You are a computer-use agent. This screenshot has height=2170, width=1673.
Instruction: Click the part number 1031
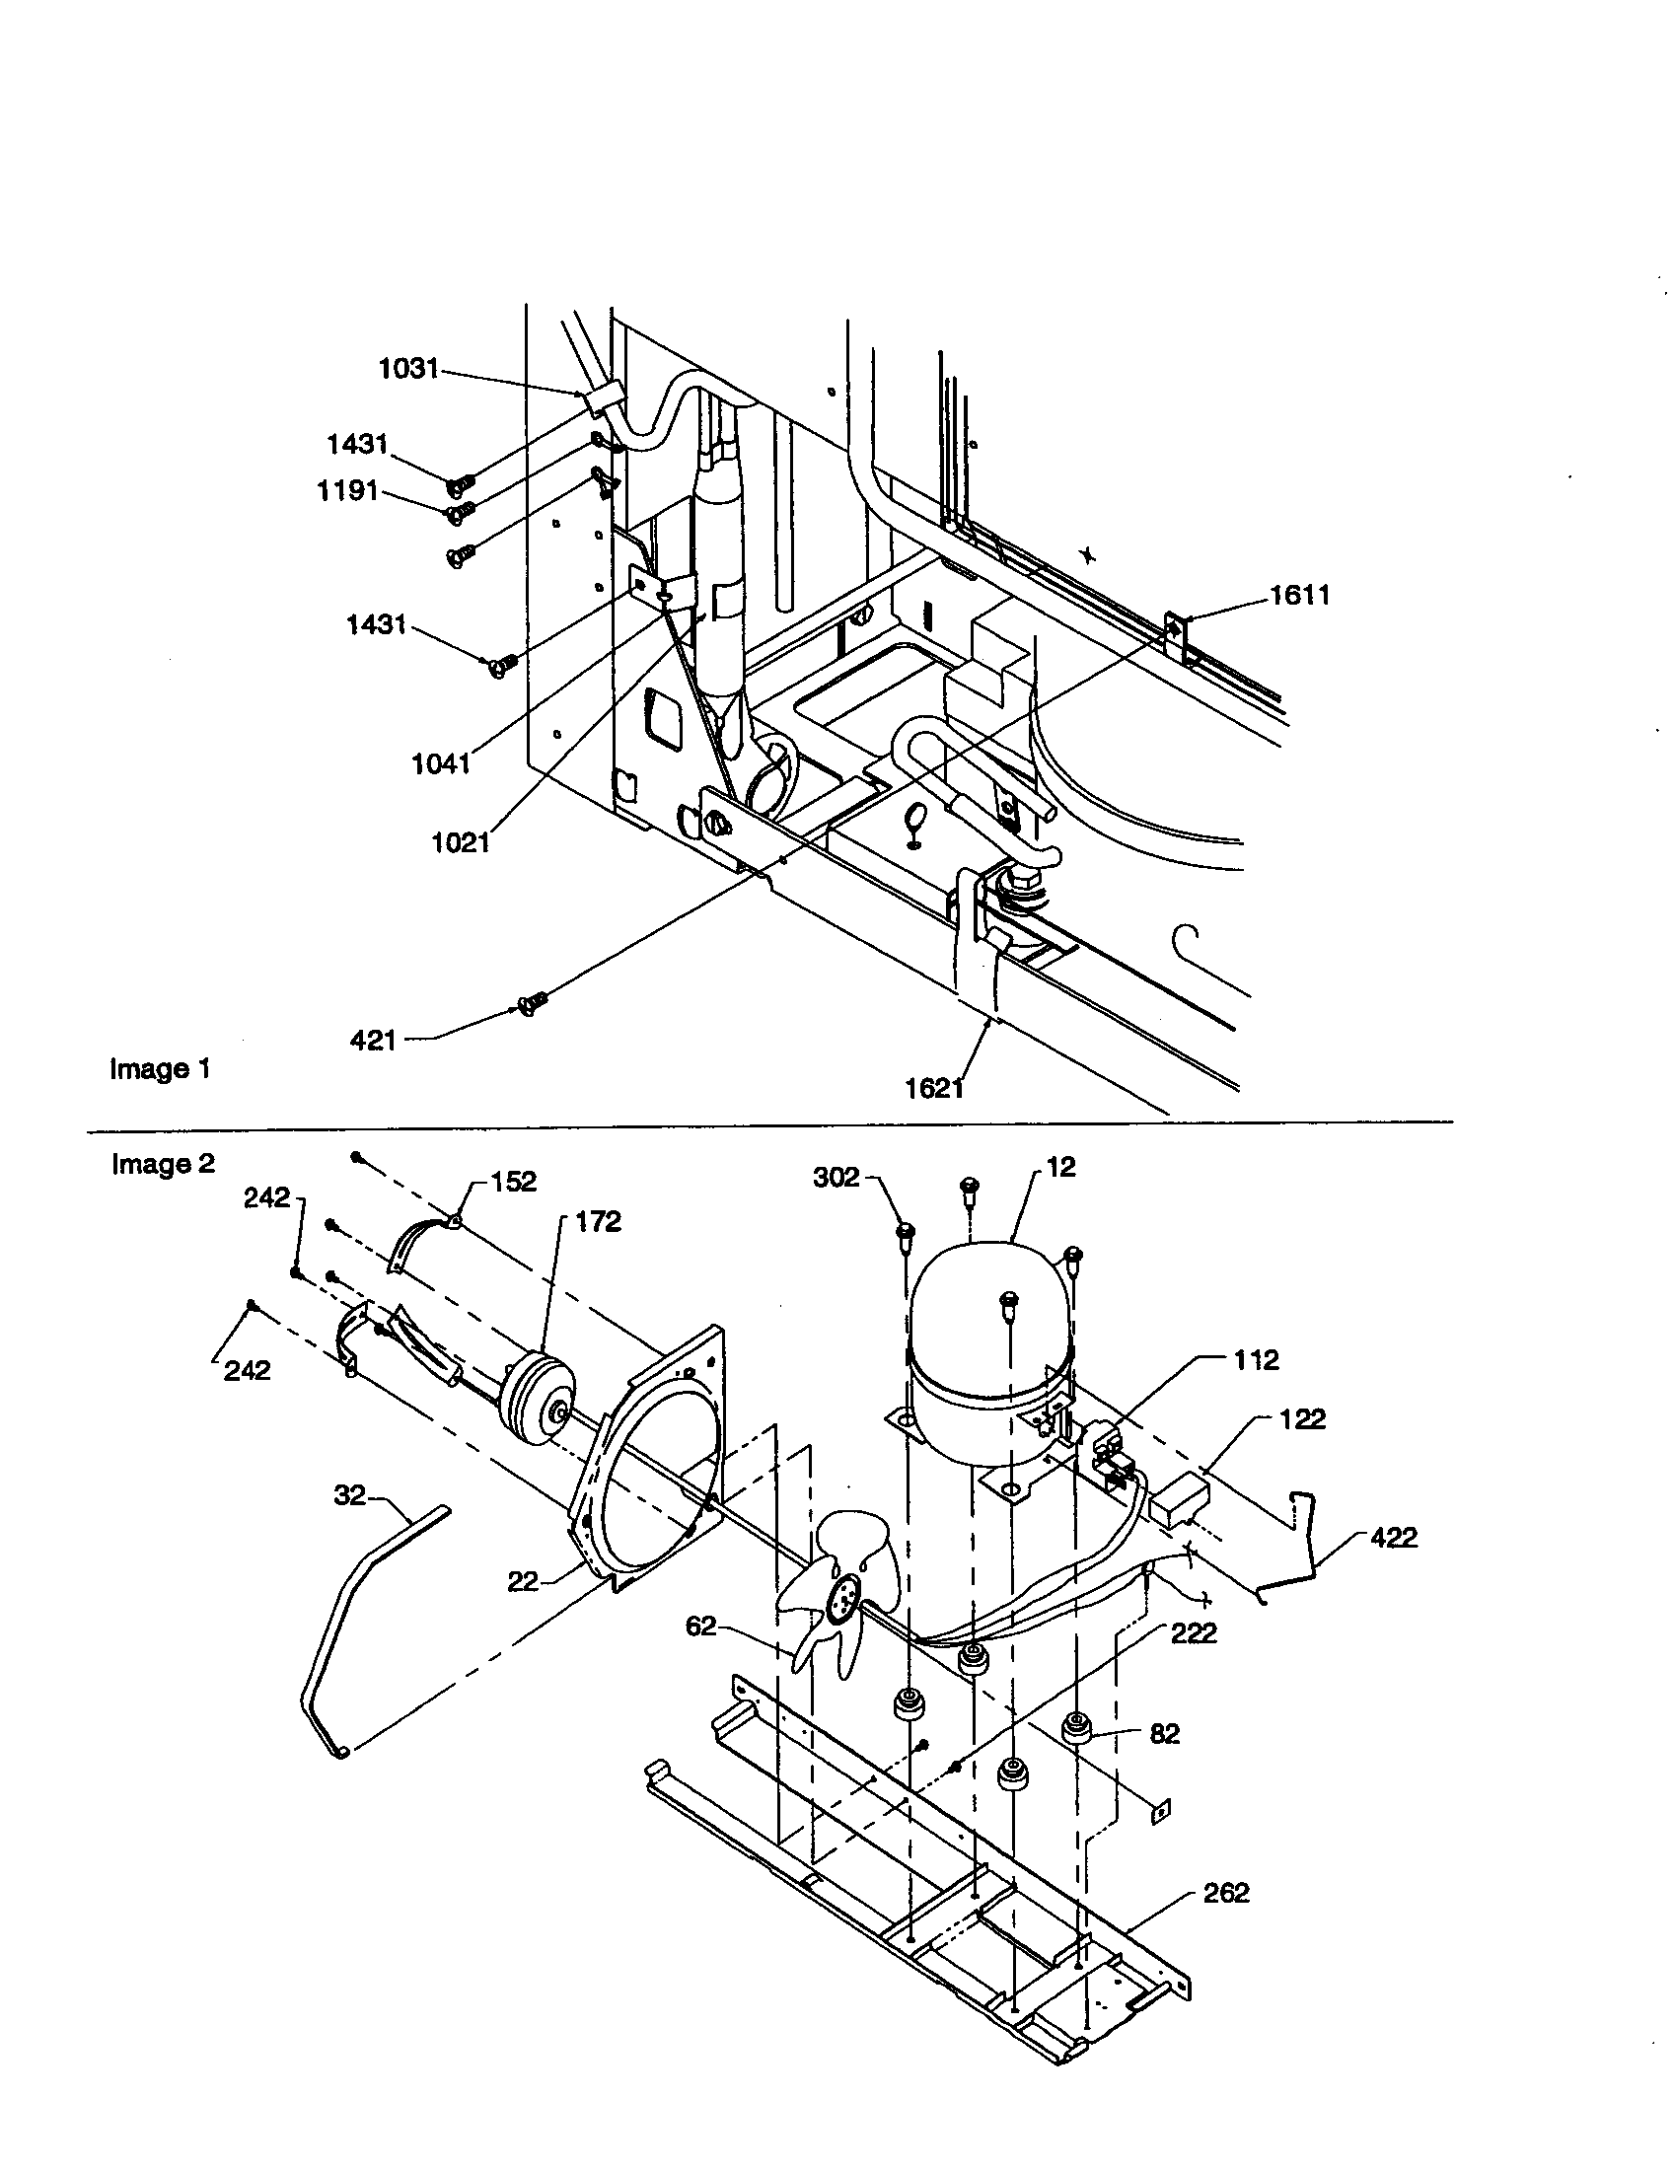click(x=407, y=369)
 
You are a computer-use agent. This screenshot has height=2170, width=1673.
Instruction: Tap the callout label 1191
click(x=346, y=491)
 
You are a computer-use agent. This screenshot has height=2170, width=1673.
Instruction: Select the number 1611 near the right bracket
click(x=1299, y=595)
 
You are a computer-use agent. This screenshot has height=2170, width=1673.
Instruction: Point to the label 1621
click(x=934, y=1089)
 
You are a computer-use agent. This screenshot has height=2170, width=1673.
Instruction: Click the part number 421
click(x=374, y=1041)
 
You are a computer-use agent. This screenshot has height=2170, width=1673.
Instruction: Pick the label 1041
click(x=440, y=764)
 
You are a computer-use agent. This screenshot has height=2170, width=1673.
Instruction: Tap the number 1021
click(x=461, y=842)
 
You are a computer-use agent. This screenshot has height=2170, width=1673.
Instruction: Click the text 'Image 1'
click(x=159, y=1069)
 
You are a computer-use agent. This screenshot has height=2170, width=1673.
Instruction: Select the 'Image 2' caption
click(x=163, y=1163)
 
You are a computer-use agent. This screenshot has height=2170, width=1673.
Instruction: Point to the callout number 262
click(x=1226, y=1893)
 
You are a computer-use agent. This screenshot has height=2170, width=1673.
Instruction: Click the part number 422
click(x=1393, y=1537)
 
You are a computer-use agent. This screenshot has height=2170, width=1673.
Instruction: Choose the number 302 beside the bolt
click(x=836, y=1178)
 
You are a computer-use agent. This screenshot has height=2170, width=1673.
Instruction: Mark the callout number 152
click(x=513, y=1182)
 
